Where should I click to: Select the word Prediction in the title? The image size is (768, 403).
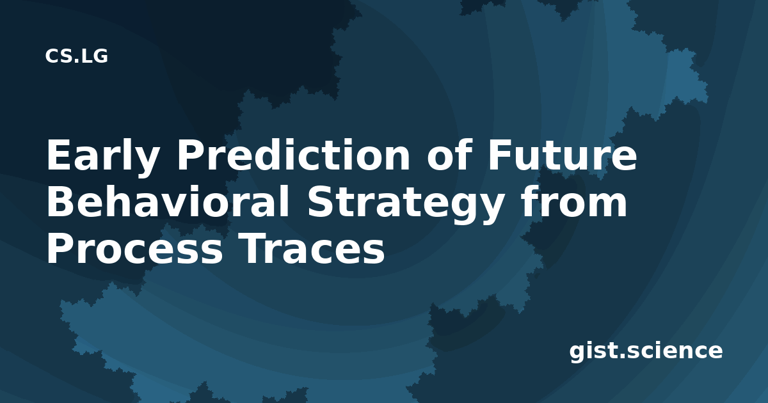click(x=293, y=155)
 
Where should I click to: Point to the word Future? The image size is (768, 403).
click(x=563, y=155)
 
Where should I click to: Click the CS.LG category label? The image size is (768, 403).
click(x=76, y=56)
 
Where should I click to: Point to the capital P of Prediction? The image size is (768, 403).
click(x=189, y=155)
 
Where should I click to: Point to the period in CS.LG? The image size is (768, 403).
click(x=76, y=61)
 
